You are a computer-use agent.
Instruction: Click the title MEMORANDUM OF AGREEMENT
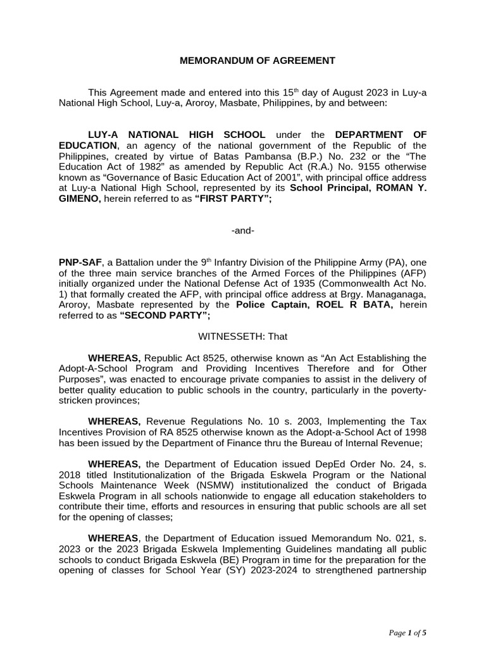[258, 61]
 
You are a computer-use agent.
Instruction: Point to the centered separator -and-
[243, 230]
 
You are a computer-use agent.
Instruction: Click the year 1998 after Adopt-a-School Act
[413, 432]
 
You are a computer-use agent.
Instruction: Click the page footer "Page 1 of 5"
[410, 632]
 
